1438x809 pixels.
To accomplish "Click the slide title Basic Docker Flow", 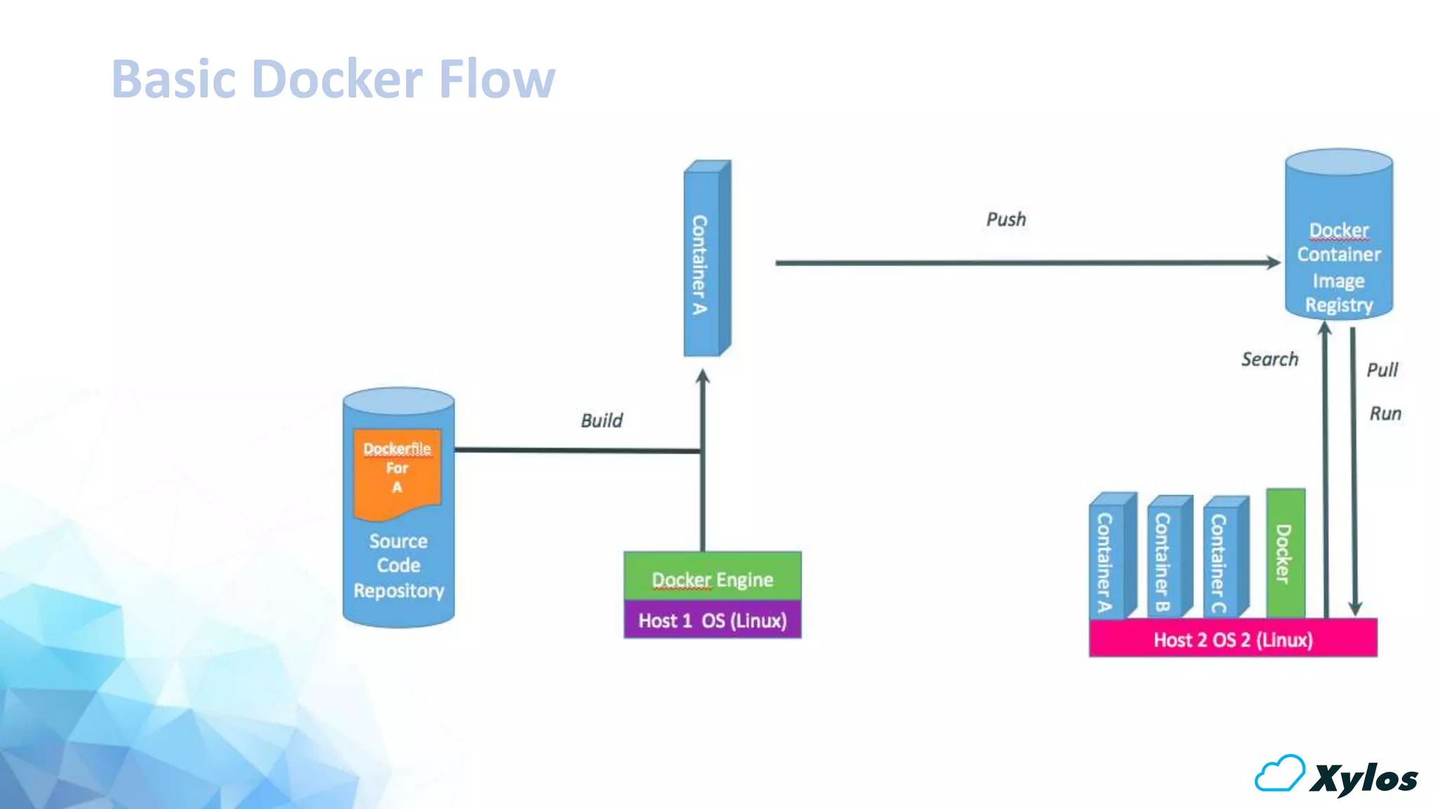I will (333, 79).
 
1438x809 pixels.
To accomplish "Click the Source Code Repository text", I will (398, 566).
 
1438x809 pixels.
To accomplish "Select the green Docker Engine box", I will (712, 577).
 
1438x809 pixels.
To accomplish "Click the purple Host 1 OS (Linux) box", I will (712, 620).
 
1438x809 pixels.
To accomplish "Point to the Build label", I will (602, 421).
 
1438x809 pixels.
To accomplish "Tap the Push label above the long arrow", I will (1005, 220).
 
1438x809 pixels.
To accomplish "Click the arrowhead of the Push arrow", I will (1273, 263).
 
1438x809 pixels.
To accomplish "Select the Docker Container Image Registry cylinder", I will (1338, 239).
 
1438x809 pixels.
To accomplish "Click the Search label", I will (1269, 360).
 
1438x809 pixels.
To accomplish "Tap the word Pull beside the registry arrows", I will (1382, 370).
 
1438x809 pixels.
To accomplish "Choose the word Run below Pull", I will (1385, 414).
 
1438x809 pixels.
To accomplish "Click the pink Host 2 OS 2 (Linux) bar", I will (1233, 638).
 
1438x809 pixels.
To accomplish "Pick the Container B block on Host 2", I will (1168, 558).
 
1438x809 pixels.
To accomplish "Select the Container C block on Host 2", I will (1224, 558).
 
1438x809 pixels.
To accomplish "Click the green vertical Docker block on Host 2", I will (1285, 554).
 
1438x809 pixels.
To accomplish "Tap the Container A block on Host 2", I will (1110, 558).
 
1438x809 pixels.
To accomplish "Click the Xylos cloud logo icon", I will (1279, 774).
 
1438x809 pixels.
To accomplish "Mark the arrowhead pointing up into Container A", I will (702, 377).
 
